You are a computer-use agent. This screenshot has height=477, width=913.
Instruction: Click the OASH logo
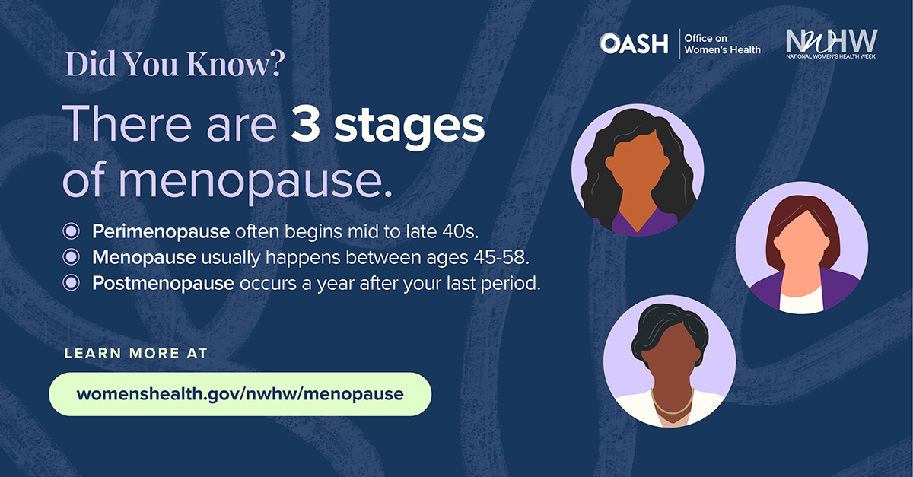pos(634,43)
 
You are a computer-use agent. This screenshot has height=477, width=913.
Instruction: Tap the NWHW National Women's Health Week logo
pos(832,43)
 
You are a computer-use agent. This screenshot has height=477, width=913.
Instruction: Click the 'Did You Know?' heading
pos(175,64)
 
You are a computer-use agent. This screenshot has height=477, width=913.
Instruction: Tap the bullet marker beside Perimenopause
pos(72,231)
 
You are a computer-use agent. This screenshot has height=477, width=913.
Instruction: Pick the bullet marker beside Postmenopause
pos(72,282)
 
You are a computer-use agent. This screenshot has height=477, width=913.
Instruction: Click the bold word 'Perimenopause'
pos(161,232)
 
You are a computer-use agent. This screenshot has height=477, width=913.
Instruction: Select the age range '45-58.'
pos(501,257)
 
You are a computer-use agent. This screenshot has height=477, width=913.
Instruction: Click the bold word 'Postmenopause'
pos(163,283)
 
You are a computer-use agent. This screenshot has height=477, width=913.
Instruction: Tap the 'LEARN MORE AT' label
pos(136,353)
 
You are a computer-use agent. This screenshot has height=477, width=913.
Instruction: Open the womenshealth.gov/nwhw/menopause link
pos(240,394)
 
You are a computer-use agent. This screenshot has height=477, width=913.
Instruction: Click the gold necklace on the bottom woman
pos(673,405)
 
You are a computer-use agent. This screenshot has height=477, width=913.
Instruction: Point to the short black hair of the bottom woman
pos(669,329)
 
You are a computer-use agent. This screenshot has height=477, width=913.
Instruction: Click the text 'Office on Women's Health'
pos(722,44)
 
